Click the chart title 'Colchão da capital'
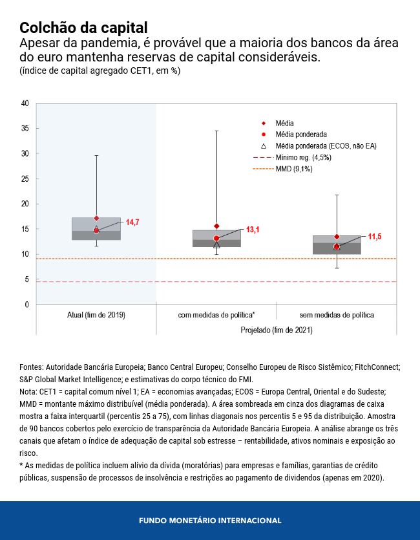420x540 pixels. point(83,28)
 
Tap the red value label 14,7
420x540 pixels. point(132,222)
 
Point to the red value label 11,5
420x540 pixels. point(374,237)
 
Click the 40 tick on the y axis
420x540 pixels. point(25,103)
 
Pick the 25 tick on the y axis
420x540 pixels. point(25,178)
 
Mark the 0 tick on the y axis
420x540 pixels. point(26,305)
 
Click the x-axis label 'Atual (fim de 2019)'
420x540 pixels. point(96,315)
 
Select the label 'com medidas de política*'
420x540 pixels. point(216,315)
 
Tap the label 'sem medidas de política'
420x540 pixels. point(337,315)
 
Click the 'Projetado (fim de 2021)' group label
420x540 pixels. point(276,330)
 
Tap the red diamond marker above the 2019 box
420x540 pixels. point(96,218)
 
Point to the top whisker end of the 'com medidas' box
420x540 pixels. point(216,131)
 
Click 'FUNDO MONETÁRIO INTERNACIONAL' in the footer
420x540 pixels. point(210,521)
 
